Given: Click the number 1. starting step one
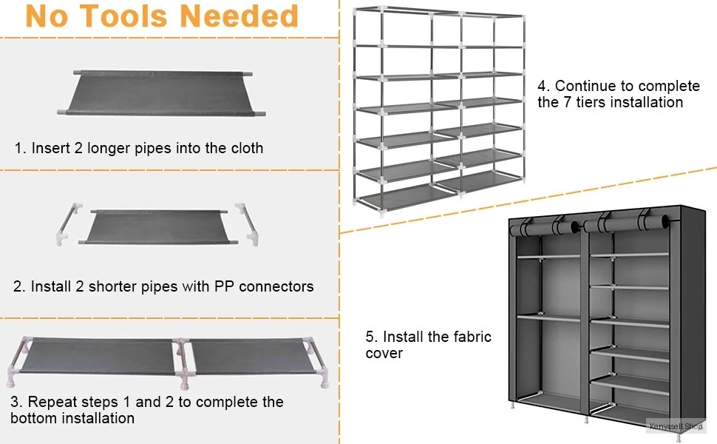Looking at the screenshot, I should [21, 148].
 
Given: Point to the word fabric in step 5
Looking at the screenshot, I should [470, 337].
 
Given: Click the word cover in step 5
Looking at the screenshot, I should [384, 353].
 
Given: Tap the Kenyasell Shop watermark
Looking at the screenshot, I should [675, 426].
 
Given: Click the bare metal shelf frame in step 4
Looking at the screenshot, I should [440, 111].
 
